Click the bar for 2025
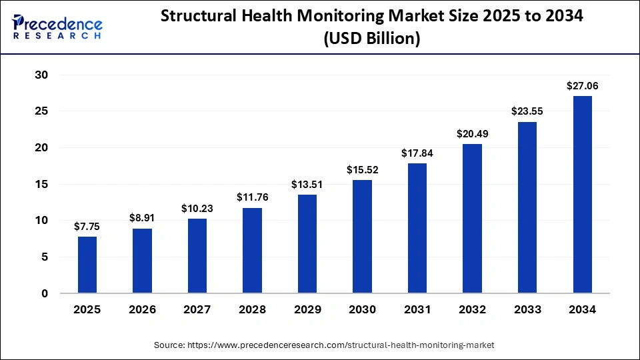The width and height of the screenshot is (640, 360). tap(87, 265)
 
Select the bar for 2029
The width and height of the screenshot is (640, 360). tap(307, 243)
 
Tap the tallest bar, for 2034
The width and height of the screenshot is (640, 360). tap(583, 194)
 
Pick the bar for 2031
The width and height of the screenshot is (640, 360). tap(417, 228)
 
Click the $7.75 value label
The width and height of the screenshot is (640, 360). tap(87, 226)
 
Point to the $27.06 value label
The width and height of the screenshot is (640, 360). tap(582, 85)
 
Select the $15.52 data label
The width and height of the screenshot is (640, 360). tap(362, 170)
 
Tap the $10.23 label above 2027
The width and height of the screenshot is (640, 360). tap(197, 209)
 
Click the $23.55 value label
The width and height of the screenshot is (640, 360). tap(527, 111)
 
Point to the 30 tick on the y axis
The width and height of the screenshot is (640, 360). tap(42, 75)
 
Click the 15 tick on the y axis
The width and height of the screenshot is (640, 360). tap(42, 184)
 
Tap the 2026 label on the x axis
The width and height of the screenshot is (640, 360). tap(143, 309)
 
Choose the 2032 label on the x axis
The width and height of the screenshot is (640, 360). tap(473, 309)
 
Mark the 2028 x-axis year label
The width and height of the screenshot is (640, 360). tap(253, 309)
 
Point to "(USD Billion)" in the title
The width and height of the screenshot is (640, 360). tap(372, 39)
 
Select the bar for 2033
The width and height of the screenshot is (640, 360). tap(527, 207)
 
